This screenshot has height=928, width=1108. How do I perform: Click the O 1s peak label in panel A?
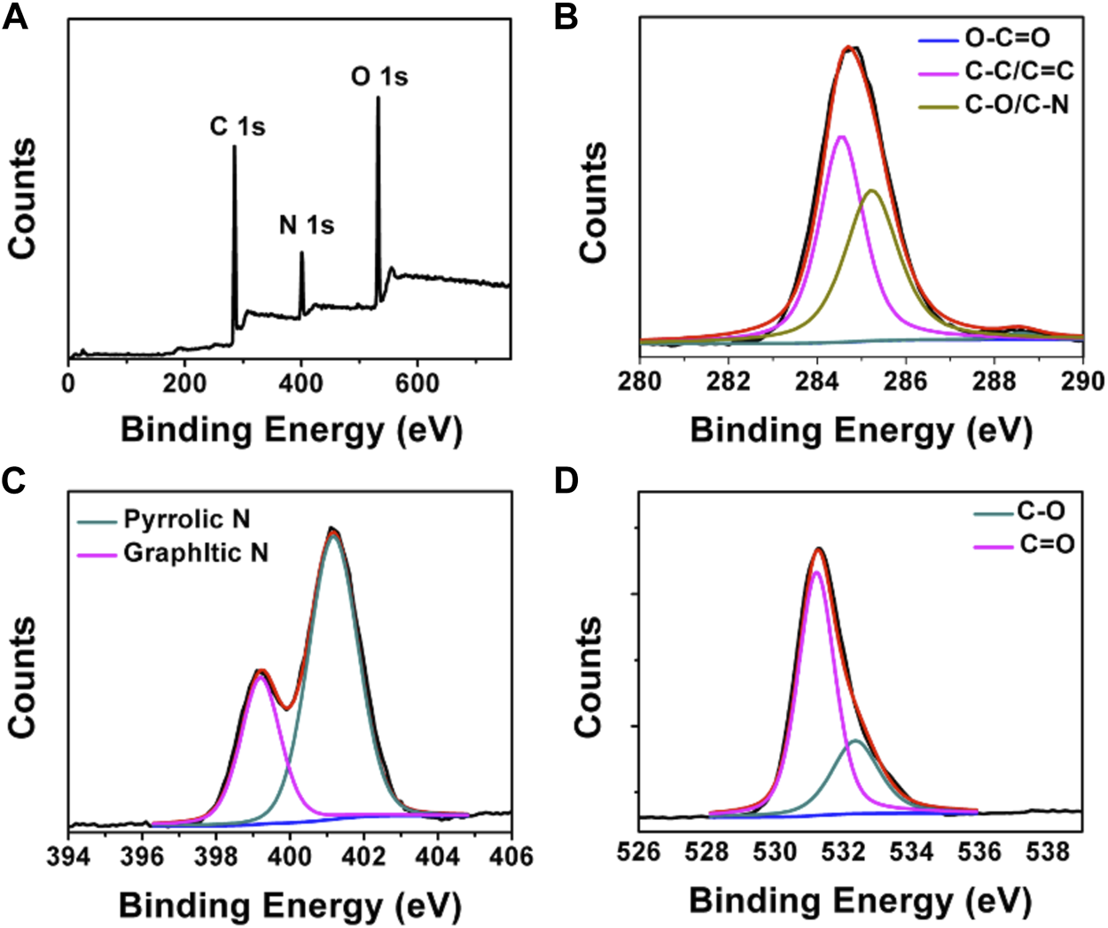(379, 77)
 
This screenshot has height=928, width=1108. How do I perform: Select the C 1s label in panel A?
(237, 127)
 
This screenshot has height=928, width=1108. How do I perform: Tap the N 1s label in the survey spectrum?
(307, 225)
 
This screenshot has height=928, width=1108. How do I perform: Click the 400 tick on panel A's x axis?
(301, 384)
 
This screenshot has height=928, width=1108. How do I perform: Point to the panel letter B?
(566, 17)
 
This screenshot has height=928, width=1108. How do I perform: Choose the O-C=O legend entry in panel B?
(1008, 39)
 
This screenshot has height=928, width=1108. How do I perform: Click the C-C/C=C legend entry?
(1018, 72)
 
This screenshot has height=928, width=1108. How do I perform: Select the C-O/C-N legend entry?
(1016, 105)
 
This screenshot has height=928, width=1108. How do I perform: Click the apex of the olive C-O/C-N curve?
(872, 191)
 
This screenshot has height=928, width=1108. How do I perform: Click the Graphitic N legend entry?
(195, 553)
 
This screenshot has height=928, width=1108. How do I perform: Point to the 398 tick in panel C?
(215, 857)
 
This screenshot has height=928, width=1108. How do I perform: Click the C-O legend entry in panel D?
(1041, 511)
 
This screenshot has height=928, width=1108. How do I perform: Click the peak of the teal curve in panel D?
(855, 740)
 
